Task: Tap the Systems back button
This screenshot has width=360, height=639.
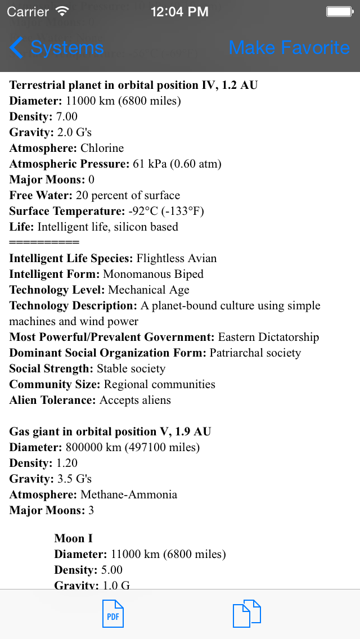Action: point(57,48)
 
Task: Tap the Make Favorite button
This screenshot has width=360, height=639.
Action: point(289,48)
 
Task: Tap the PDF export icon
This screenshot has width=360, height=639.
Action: point(112,614)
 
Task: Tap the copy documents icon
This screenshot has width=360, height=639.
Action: point(246,614)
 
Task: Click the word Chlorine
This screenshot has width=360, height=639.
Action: point(102,148)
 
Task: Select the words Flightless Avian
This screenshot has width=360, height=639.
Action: point(177,259)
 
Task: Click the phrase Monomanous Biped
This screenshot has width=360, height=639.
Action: point(154,274)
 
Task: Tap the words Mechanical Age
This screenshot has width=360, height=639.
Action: point(148,290)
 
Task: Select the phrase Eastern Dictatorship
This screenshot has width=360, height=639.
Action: point(268,337)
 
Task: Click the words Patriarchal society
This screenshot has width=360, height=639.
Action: point(255,353)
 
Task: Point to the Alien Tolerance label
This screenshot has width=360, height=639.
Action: point(53,400)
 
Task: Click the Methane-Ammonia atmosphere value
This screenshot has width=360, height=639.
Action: point(129,495)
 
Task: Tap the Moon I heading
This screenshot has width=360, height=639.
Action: point(73,539)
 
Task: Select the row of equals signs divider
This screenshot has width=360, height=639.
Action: point(44,243)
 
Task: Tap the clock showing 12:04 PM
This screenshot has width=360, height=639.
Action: point(180,11)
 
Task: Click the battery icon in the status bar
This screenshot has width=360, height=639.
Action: point(340,11)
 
